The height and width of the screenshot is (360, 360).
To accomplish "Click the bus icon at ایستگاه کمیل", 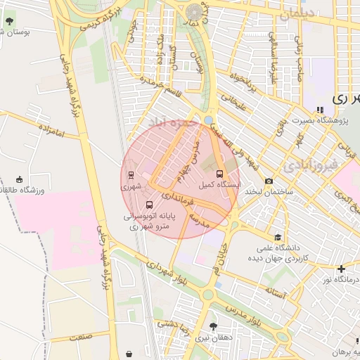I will point(219,173).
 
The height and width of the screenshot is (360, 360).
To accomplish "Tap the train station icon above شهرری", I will point(131,175).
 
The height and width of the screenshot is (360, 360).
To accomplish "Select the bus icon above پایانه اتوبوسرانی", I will point(147,205).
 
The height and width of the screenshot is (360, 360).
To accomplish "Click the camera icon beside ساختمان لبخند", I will point(269,181).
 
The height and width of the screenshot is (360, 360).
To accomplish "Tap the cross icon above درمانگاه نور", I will point(341,269).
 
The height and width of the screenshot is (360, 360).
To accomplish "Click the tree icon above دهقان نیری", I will point(212,326).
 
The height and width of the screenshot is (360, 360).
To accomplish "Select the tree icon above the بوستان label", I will point(9,21).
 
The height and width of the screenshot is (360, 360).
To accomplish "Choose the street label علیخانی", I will point(233,103).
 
